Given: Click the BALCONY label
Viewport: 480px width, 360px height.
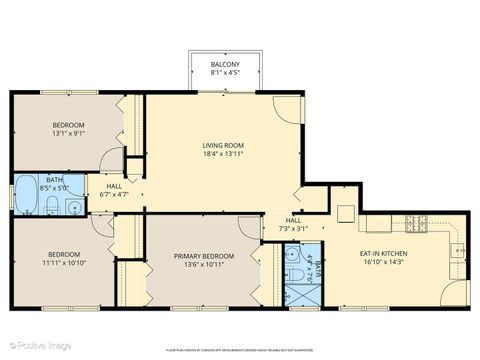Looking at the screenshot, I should coord(223,63).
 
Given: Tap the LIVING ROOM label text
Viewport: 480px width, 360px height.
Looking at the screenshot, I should coord(223,146).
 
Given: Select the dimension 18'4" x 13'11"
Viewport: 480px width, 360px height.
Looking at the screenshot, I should coord(223,155).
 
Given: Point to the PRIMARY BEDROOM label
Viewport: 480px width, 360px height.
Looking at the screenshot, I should coord(203,257).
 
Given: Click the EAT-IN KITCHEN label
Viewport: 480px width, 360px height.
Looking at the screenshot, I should coord(384,254).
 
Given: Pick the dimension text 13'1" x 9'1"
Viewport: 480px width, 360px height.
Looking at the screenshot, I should coord(69,133).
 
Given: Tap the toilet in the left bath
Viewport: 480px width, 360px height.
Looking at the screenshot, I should coord(73,208).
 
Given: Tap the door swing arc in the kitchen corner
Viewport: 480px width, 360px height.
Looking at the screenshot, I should coord(458,292).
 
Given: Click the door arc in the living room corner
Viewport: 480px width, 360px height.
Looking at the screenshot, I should coord(286,109).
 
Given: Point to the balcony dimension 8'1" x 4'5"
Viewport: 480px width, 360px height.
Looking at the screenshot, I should coord(223,72).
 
